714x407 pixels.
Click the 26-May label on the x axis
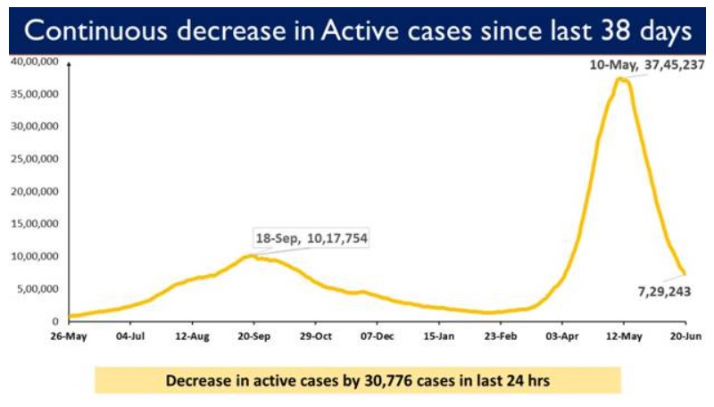(69, 336)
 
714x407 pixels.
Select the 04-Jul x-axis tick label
(130, 336)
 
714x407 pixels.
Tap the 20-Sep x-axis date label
(253, 336)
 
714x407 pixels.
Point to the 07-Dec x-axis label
(377, 336)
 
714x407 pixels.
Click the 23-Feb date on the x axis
(500, 336)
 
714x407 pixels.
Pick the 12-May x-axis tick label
(623, 336)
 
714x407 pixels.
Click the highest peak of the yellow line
(621, 79)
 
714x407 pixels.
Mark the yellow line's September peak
(253, 255)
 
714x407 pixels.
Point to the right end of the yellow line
(685, 273)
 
